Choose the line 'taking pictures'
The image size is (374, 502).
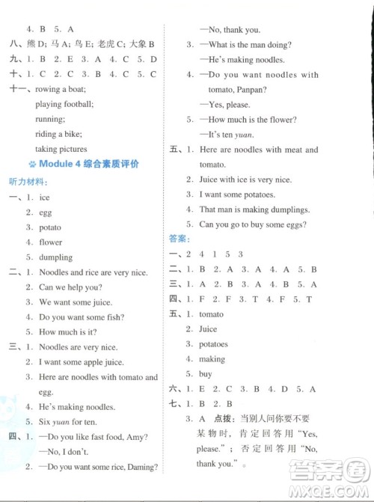point(61,149)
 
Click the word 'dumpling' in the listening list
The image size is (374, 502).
point(55,257)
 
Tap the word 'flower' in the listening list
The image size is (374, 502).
point(51,242)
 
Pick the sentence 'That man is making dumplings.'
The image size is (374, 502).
point(254,209)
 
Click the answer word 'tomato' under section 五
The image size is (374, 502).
point(212,314)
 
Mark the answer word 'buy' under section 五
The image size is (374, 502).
point(206,374)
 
